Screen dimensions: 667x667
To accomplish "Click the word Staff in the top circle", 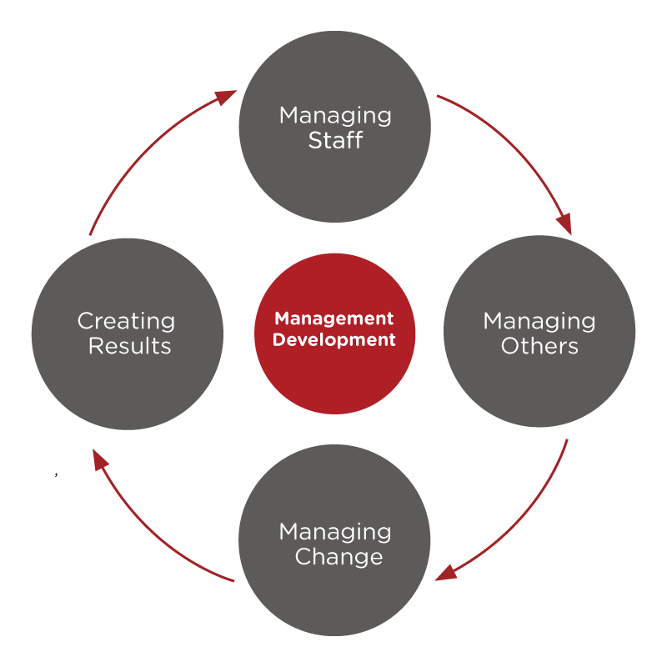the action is [x=335, y=140].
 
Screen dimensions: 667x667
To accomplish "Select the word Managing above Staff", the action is [x=335, y=116].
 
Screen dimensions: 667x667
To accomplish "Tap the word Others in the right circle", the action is [x=539, y=346].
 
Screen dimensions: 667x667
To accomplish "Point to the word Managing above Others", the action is [x=539, y=322].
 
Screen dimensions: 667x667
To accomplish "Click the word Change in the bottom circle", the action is [x=339, y=557].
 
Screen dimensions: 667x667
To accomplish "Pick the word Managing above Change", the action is [x=335, y=533].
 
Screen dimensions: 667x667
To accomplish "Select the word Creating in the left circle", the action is [x=126, y=322].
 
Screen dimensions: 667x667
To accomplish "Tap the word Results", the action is [x=130, y=346].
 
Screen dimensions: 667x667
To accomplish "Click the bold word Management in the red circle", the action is [x=334, y=318].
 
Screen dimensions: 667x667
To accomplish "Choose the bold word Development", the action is [x=334, y=340].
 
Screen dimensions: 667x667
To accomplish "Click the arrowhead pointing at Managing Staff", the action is [x=225, y=98].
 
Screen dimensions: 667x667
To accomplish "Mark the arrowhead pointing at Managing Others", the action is [x=564, y=223].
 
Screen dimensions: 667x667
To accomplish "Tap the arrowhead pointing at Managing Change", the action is [x=446, y=573].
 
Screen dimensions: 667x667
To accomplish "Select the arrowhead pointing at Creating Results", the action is [x=100, y=460].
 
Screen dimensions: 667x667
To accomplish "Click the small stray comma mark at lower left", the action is [x=56, y=474].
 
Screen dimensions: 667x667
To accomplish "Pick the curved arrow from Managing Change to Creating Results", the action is [x=151, y=529].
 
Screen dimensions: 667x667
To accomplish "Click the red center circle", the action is [x=335, y=333].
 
